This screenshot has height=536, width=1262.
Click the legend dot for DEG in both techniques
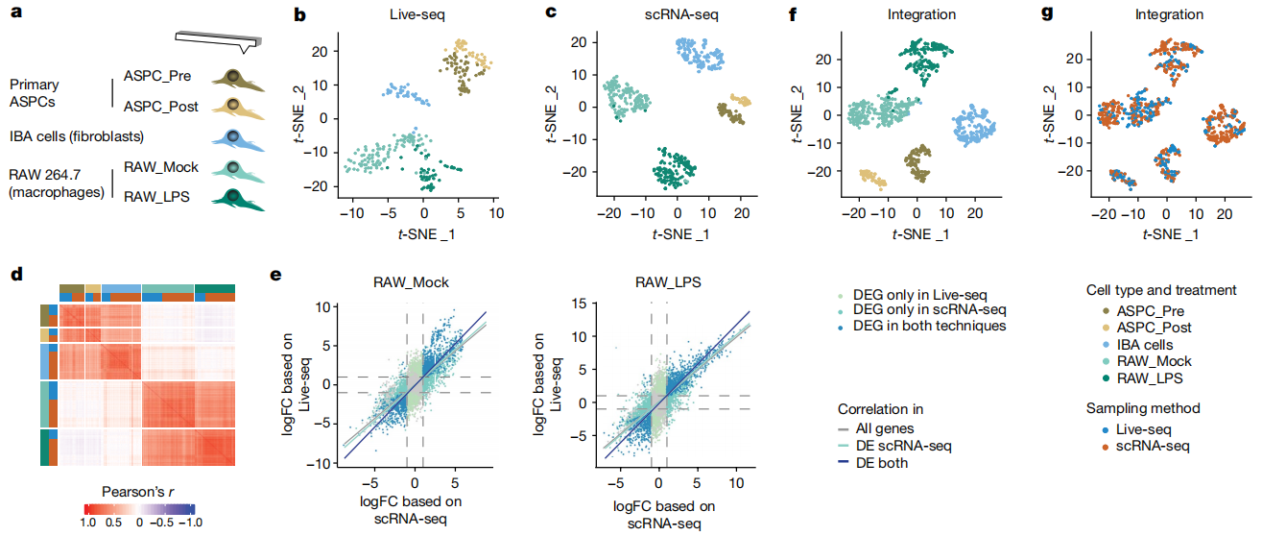(x=844, y=326)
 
